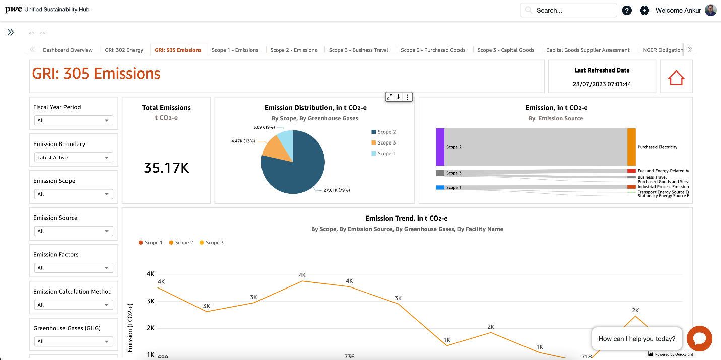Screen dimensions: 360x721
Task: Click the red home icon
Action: click(676, 78)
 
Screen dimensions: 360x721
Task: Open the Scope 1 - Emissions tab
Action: click(235, 50)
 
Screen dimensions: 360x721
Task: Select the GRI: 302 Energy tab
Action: click(124, 50)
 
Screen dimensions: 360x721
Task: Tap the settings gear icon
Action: click(644, 10)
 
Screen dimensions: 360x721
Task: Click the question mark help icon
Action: click(627, 10)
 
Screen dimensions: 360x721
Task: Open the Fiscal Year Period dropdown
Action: click(74, 121)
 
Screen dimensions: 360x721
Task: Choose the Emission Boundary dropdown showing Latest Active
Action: click(74, 158)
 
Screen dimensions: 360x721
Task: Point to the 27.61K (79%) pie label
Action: click(337, 190)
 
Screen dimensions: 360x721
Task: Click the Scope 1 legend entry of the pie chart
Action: click(386, 154)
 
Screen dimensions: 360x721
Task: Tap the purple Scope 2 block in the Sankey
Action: click(440, 147)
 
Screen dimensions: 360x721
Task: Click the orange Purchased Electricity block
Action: click(631, 147)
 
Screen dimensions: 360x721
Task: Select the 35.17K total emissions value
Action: click(166, 168)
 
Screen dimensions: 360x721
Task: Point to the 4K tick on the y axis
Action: click(150, 274)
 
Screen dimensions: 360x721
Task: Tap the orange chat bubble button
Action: click(699, 338)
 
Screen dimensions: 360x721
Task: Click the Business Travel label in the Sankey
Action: click(652, 177)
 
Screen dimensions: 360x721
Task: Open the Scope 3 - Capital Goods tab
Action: click(505, 50)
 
